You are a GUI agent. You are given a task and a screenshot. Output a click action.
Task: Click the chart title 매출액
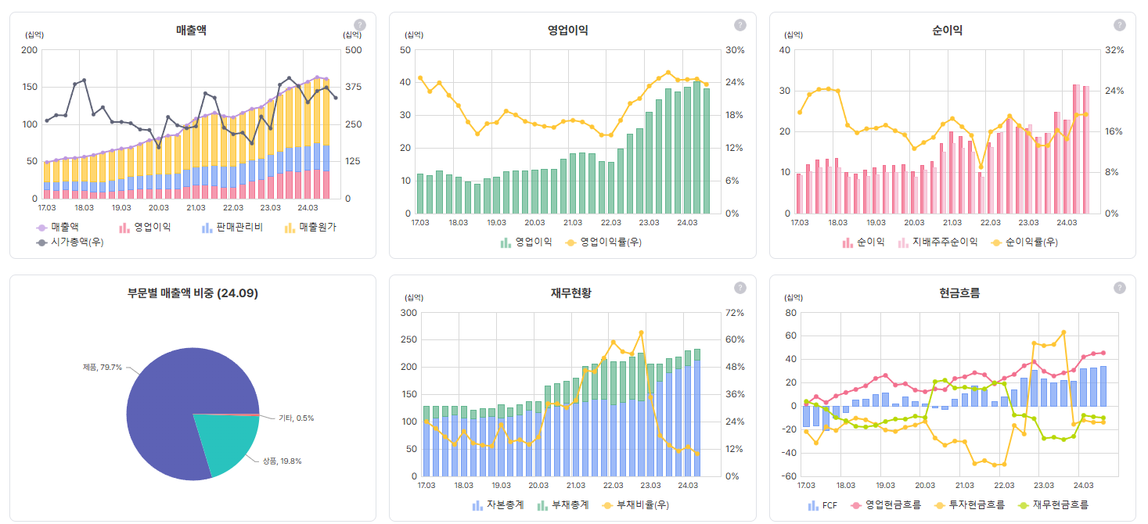191,31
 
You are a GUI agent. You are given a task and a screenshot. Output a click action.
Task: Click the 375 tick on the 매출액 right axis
353,87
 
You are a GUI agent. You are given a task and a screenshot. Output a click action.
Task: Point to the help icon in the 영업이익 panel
740,25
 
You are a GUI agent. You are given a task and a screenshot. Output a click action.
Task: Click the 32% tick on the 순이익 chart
1114,50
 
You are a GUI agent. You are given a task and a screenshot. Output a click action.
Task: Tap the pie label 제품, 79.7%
102,367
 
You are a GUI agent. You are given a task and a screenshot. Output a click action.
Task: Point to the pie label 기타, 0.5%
296,418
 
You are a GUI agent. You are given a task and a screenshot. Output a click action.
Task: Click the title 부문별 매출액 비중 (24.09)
193,293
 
